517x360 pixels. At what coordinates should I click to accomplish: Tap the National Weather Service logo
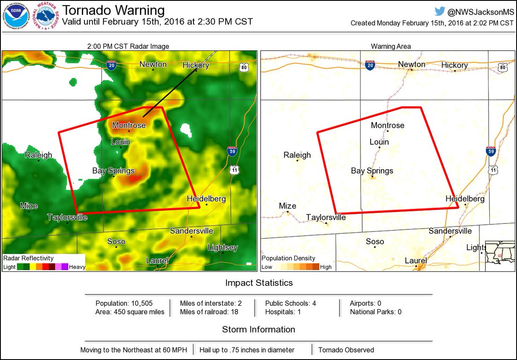(47, 16)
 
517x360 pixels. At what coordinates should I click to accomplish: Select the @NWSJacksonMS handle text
(485, 12)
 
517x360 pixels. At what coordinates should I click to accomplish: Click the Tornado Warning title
(113, 10)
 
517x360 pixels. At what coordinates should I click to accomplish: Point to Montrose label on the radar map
(129, 125)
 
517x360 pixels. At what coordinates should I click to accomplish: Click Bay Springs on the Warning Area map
(372, 171)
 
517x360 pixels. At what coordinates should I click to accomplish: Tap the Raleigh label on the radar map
(38, 155)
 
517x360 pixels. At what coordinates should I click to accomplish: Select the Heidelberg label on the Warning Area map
(465, 199)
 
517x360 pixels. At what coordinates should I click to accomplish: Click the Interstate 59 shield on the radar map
(232, 151)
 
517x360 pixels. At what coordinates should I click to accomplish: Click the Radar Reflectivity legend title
(28, 258)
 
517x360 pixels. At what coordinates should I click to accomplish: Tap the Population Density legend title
(289, 258)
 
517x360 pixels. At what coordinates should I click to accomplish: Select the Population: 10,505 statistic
(124, 303)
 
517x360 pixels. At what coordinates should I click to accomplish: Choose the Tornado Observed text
(346, 350)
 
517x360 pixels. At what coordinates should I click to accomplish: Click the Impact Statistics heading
(259, 283)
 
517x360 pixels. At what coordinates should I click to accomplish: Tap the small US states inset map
(500, 256)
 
